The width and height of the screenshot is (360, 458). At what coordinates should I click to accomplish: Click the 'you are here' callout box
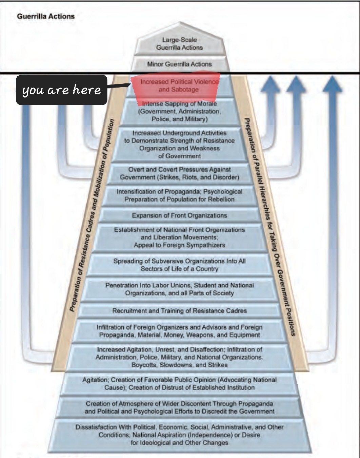61,90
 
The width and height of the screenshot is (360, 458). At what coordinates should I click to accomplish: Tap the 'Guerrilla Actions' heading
46,16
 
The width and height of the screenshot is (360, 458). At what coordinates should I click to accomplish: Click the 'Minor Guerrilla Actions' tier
180,64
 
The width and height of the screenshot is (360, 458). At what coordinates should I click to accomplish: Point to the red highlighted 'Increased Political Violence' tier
176,86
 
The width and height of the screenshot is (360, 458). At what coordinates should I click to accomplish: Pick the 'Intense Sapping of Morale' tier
180,112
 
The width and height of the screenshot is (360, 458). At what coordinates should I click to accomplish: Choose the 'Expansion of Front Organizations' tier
180,215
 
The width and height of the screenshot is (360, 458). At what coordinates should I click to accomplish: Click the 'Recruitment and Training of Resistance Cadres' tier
180,311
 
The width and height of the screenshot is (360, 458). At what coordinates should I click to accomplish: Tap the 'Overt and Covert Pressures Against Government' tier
180,173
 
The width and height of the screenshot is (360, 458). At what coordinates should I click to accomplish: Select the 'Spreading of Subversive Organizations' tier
180,265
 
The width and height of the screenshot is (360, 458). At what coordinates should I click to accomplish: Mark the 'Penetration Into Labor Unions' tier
180,289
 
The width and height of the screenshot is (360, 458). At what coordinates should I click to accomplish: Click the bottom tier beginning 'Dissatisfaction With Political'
180,435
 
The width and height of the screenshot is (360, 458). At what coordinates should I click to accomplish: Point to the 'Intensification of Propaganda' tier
180,196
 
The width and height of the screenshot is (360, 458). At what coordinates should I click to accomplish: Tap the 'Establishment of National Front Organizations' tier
180,237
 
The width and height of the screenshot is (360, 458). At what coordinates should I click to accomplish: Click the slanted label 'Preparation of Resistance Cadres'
92,215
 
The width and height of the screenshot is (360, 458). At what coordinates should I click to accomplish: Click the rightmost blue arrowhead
332,84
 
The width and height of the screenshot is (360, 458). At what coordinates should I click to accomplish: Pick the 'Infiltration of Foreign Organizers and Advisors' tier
180,331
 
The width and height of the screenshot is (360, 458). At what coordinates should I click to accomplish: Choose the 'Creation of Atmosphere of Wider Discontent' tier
180,407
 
